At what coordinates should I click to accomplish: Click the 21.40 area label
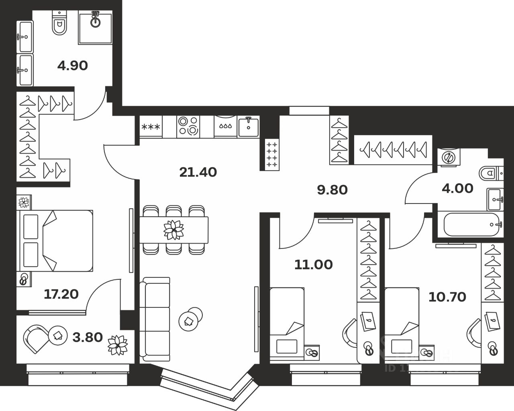coord(198,172)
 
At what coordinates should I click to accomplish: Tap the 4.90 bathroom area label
coord(72,65)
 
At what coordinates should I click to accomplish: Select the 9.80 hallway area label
coord(332,189)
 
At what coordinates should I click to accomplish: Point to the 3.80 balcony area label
coord(88,337)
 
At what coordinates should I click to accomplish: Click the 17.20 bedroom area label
coord(61,294)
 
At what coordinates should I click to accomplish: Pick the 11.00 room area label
coord(313,265)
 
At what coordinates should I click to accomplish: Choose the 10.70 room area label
coord(447,297)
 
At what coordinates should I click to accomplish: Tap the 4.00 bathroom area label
coord(457,188)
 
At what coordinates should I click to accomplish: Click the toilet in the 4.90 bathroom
coord(59,24)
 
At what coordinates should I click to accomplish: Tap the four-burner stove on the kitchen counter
coord(188,126)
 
